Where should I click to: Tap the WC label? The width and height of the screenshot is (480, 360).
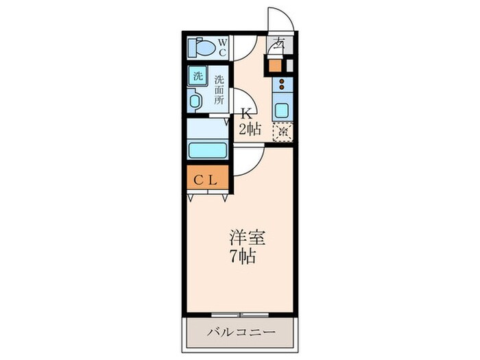coord(224,47)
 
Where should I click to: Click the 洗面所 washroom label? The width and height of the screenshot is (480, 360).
coord(219,89)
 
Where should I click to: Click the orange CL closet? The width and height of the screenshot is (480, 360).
coord(205,180)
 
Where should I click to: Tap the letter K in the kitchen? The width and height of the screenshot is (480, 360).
coord(245,115)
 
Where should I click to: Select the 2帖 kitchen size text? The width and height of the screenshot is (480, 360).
coord(250,130)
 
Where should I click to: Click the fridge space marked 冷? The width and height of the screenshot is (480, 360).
coord(282,131)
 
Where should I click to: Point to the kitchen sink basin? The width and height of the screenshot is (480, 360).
coord(282,110)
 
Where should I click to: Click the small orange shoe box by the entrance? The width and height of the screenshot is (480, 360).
coord(276,67)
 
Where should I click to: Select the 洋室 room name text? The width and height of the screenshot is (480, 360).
coord(248,239)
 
